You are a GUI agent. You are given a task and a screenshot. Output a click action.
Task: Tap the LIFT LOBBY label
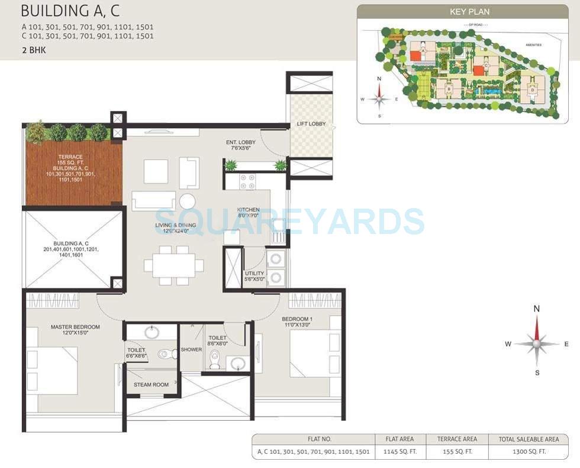311,125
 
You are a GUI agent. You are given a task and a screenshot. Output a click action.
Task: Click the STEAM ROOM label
151,385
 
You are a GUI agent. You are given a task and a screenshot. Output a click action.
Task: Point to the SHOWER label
191,349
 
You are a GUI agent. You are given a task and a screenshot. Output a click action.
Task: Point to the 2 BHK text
33,50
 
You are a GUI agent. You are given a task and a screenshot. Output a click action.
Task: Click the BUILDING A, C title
70,11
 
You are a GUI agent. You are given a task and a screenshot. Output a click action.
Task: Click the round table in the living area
188,201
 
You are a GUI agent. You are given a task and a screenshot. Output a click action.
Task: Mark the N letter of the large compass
537,308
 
